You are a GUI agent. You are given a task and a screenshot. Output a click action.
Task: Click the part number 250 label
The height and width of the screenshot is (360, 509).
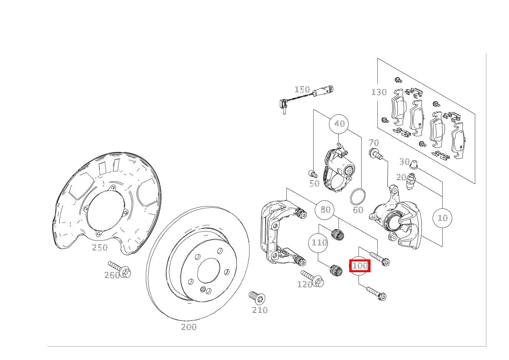click(100, 247)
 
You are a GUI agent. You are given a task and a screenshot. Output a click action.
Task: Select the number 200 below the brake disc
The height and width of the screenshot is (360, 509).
click(189, 327)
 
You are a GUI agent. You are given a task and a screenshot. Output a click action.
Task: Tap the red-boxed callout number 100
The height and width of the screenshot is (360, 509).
click(360, 266)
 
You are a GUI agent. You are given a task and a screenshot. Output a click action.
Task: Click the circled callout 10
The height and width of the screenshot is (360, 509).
click(442, 218)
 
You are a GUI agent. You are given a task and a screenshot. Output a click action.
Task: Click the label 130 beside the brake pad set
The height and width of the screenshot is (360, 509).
click(379, 92)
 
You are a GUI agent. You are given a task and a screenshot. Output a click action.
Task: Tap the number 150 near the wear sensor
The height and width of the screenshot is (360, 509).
click(302, 89)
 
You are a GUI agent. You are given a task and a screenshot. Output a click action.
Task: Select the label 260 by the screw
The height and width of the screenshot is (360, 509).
click(112, 275)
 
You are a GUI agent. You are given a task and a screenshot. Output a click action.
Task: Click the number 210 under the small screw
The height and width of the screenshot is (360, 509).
click(260, 310)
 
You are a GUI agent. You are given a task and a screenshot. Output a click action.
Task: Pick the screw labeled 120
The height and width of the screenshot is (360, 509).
click(312, 279)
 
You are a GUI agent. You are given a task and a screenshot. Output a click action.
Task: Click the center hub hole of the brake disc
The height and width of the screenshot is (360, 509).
click(208, 270)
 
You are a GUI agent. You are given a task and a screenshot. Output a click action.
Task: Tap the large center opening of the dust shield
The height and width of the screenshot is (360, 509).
click(106, 211)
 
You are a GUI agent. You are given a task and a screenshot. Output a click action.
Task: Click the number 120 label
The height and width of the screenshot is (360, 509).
click(305, 284)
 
